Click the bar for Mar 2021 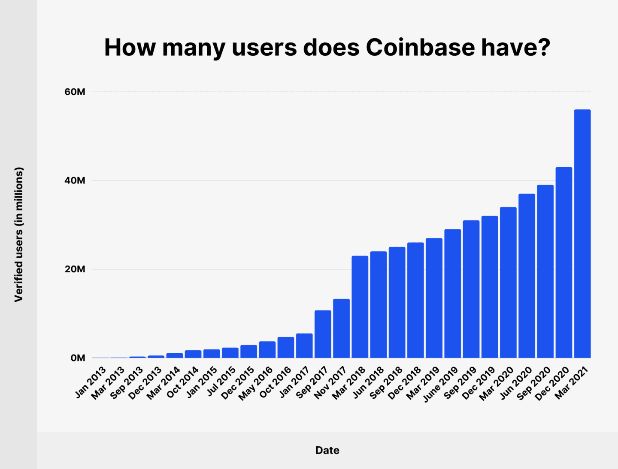pos(582,234)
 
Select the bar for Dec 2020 pos(563,262)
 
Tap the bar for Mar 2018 pos(360,307)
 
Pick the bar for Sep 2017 pos(323,334)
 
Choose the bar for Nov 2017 pos(341,328)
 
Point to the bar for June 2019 pos(452,294)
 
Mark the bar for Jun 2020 pos(527,276)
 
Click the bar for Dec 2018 pos(415,300)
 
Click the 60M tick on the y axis pos(75,92)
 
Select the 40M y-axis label pos(75,180)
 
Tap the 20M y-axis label pos(75,269)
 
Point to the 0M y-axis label pos(78,358)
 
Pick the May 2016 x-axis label pos(256,383)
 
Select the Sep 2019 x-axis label pos(460,383)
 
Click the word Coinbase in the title pos(420,47)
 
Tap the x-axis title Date pos(327,450)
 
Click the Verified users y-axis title pos(18,234)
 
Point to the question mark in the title pos(544,47)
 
